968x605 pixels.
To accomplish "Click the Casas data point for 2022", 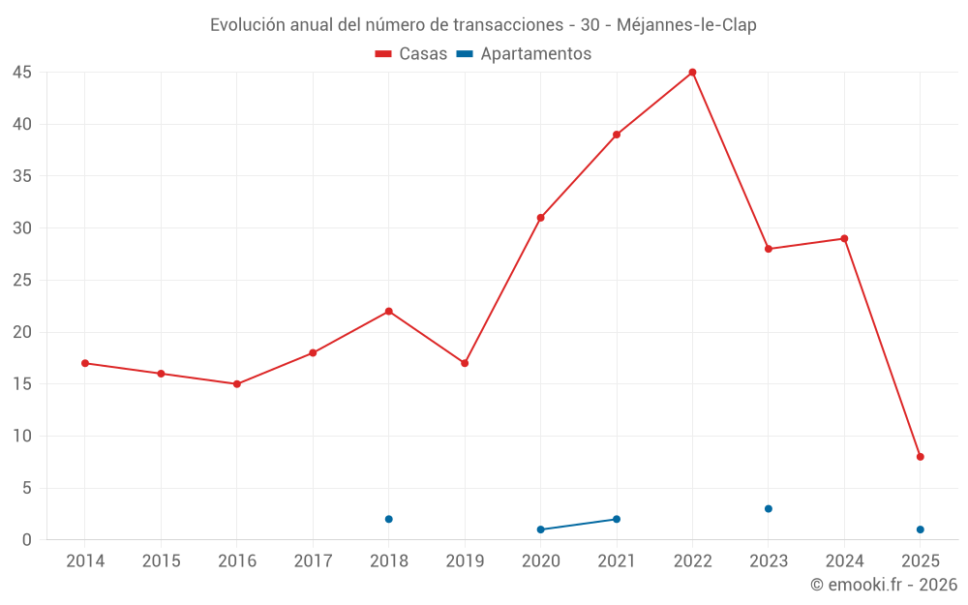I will (x=692, y=73).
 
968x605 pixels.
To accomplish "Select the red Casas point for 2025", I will (x=920, y=457).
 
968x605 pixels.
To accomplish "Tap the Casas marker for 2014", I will (x=85, y=363).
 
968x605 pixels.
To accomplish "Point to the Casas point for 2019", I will (x=465, y=363).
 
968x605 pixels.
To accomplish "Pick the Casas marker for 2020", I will (x=540, y=218).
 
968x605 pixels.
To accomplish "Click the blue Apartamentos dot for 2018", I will (x=389, y=519).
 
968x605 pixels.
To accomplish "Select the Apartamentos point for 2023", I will (x=769, y=508).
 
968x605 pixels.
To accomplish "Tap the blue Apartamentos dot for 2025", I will (x=920, y=529).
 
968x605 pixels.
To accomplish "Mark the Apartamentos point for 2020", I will (x=540, y=529).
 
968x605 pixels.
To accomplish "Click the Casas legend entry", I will (x=411, y=54).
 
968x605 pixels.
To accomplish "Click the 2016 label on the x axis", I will (x=237, y=561).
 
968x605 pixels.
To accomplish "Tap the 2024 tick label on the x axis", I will (x=844, y=561).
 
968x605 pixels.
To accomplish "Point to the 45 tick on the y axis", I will (x=22, y=73).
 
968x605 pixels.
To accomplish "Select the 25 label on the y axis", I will (x=22, y=281).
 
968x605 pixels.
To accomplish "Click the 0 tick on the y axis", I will (x=27, y=540).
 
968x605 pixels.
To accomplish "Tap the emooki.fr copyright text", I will (x=884, y=585).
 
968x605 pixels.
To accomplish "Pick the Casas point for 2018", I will (x=389, y=312).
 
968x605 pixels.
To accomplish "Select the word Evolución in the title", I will (x=247, y=25).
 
